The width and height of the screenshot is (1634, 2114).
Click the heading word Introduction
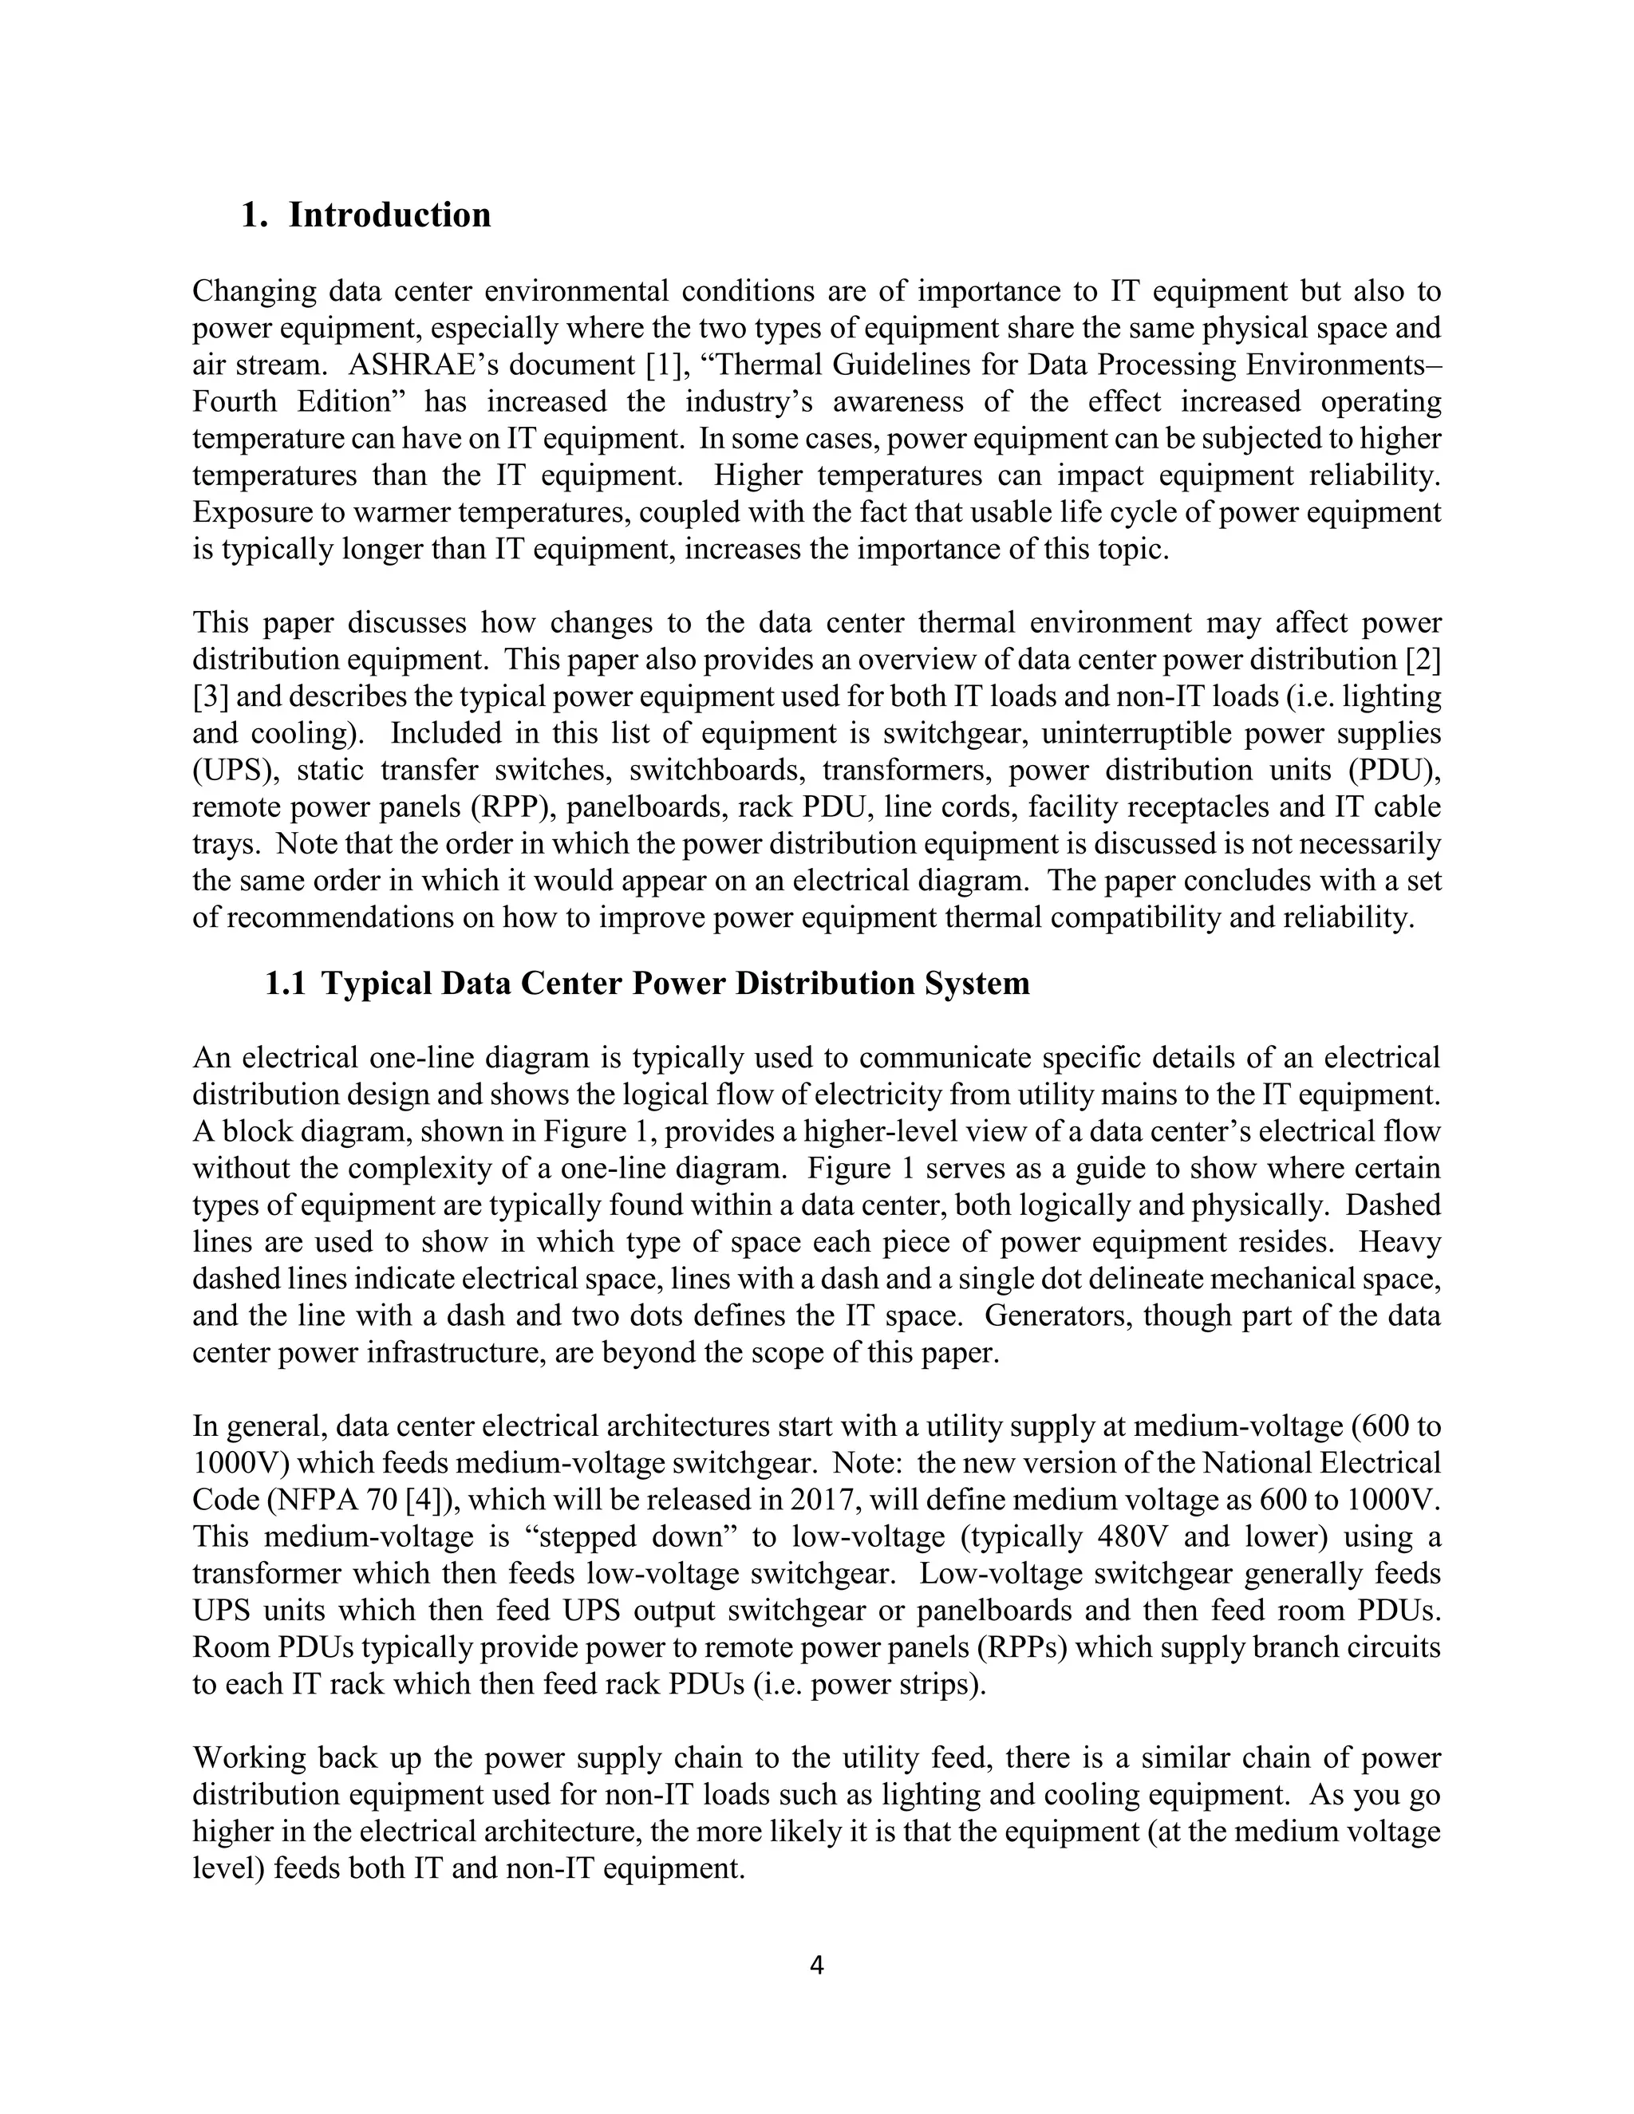click(x=389, y=215)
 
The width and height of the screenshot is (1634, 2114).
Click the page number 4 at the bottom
click(x=816, y=1965)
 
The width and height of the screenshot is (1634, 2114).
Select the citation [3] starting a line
click(x=210, y=697)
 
